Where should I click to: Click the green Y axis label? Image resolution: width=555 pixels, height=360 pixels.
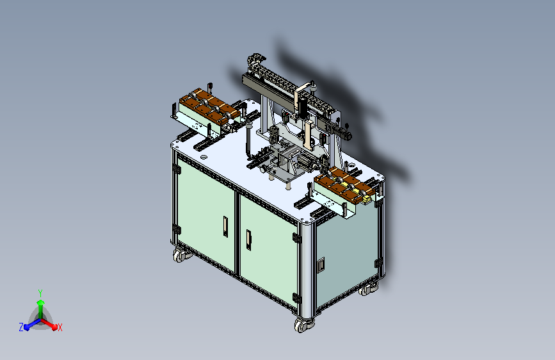pos(40,293)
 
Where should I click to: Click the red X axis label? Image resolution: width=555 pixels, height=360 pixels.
pos(60,327)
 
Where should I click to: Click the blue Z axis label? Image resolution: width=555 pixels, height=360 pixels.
pos(21,327)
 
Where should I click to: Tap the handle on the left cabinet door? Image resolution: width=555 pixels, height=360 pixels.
pos(225,226)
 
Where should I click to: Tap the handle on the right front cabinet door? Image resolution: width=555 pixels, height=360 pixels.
pos(248,240)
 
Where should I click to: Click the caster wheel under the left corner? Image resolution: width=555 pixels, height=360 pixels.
pos(181,255)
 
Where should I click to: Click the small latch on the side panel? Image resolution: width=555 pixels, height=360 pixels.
pos(321,265)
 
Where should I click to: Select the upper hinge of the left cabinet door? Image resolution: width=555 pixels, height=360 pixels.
pos(176,169)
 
